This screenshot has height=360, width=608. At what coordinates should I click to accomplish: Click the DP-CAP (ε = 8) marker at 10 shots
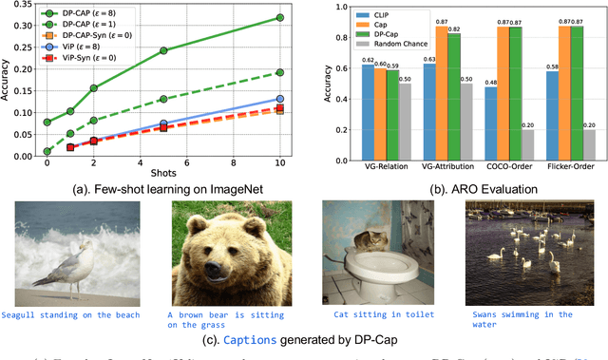tap(279, 18)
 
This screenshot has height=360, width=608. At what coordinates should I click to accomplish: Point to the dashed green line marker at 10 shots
tap(279, 72)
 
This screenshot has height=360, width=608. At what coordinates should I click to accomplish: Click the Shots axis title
tap(162, 171)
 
